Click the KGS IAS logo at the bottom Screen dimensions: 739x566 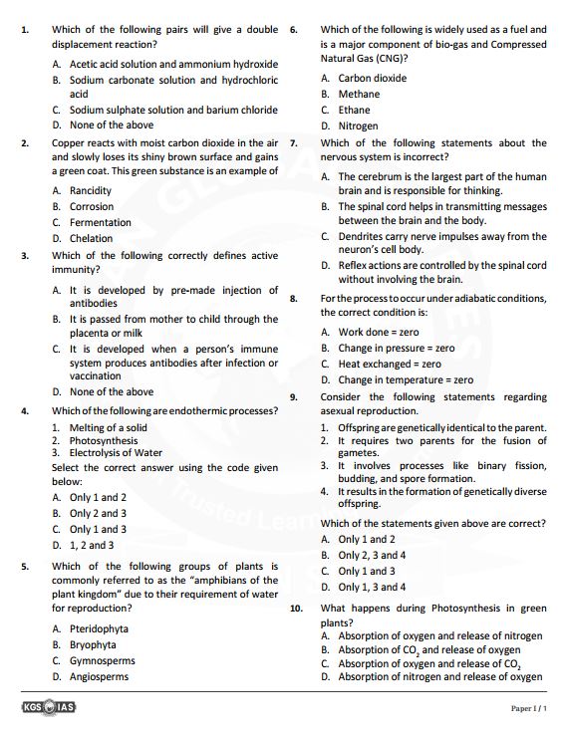click(48, 708)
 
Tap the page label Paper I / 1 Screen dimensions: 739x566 click(529, 708)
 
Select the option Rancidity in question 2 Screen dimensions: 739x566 click(90, 190)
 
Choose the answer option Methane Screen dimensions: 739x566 click(359, 94)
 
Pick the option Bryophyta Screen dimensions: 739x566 click(93, 644)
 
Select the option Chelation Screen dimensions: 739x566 click(91, 238)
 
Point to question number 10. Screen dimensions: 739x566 click(296, 608)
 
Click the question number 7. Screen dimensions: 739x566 click(294, 142)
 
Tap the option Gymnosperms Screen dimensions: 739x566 click(102, 660)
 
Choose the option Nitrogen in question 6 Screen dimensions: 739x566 click(358, 126)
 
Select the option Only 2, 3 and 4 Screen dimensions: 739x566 click(372, 555)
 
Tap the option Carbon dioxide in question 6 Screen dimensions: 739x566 click(372, 78)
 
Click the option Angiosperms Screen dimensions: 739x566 click(99, 676)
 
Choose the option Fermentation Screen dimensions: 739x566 click(100, 222)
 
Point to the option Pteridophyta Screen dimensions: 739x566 click(99, 628)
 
